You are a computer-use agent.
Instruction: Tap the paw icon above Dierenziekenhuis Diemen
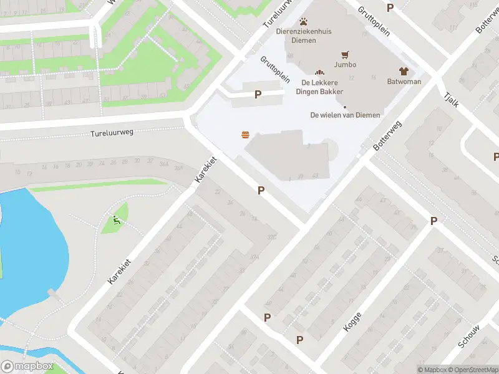tap(304, 22)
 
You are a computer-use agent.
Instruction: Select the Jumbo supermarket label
tap(345, 64)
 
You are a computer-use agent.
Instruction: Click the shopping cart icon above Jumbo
tap(344, 54)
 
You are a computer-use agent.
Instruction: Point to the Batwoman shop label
tap(404, 82)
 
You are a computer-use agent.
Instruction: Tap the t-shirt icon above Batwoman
tap(404, 71)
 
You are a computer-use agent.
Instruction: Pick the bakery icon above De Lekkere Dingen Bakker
tap(319, 73)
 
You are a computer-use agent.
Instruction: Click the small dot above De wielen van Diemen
tap(344, 107)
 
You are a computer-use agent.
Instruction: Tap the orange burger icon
tap(245, 135)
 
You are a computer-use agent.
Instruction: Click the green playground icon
tap(115, 219)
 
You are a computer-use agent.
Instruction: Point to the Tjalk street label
tap(451, 98)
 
